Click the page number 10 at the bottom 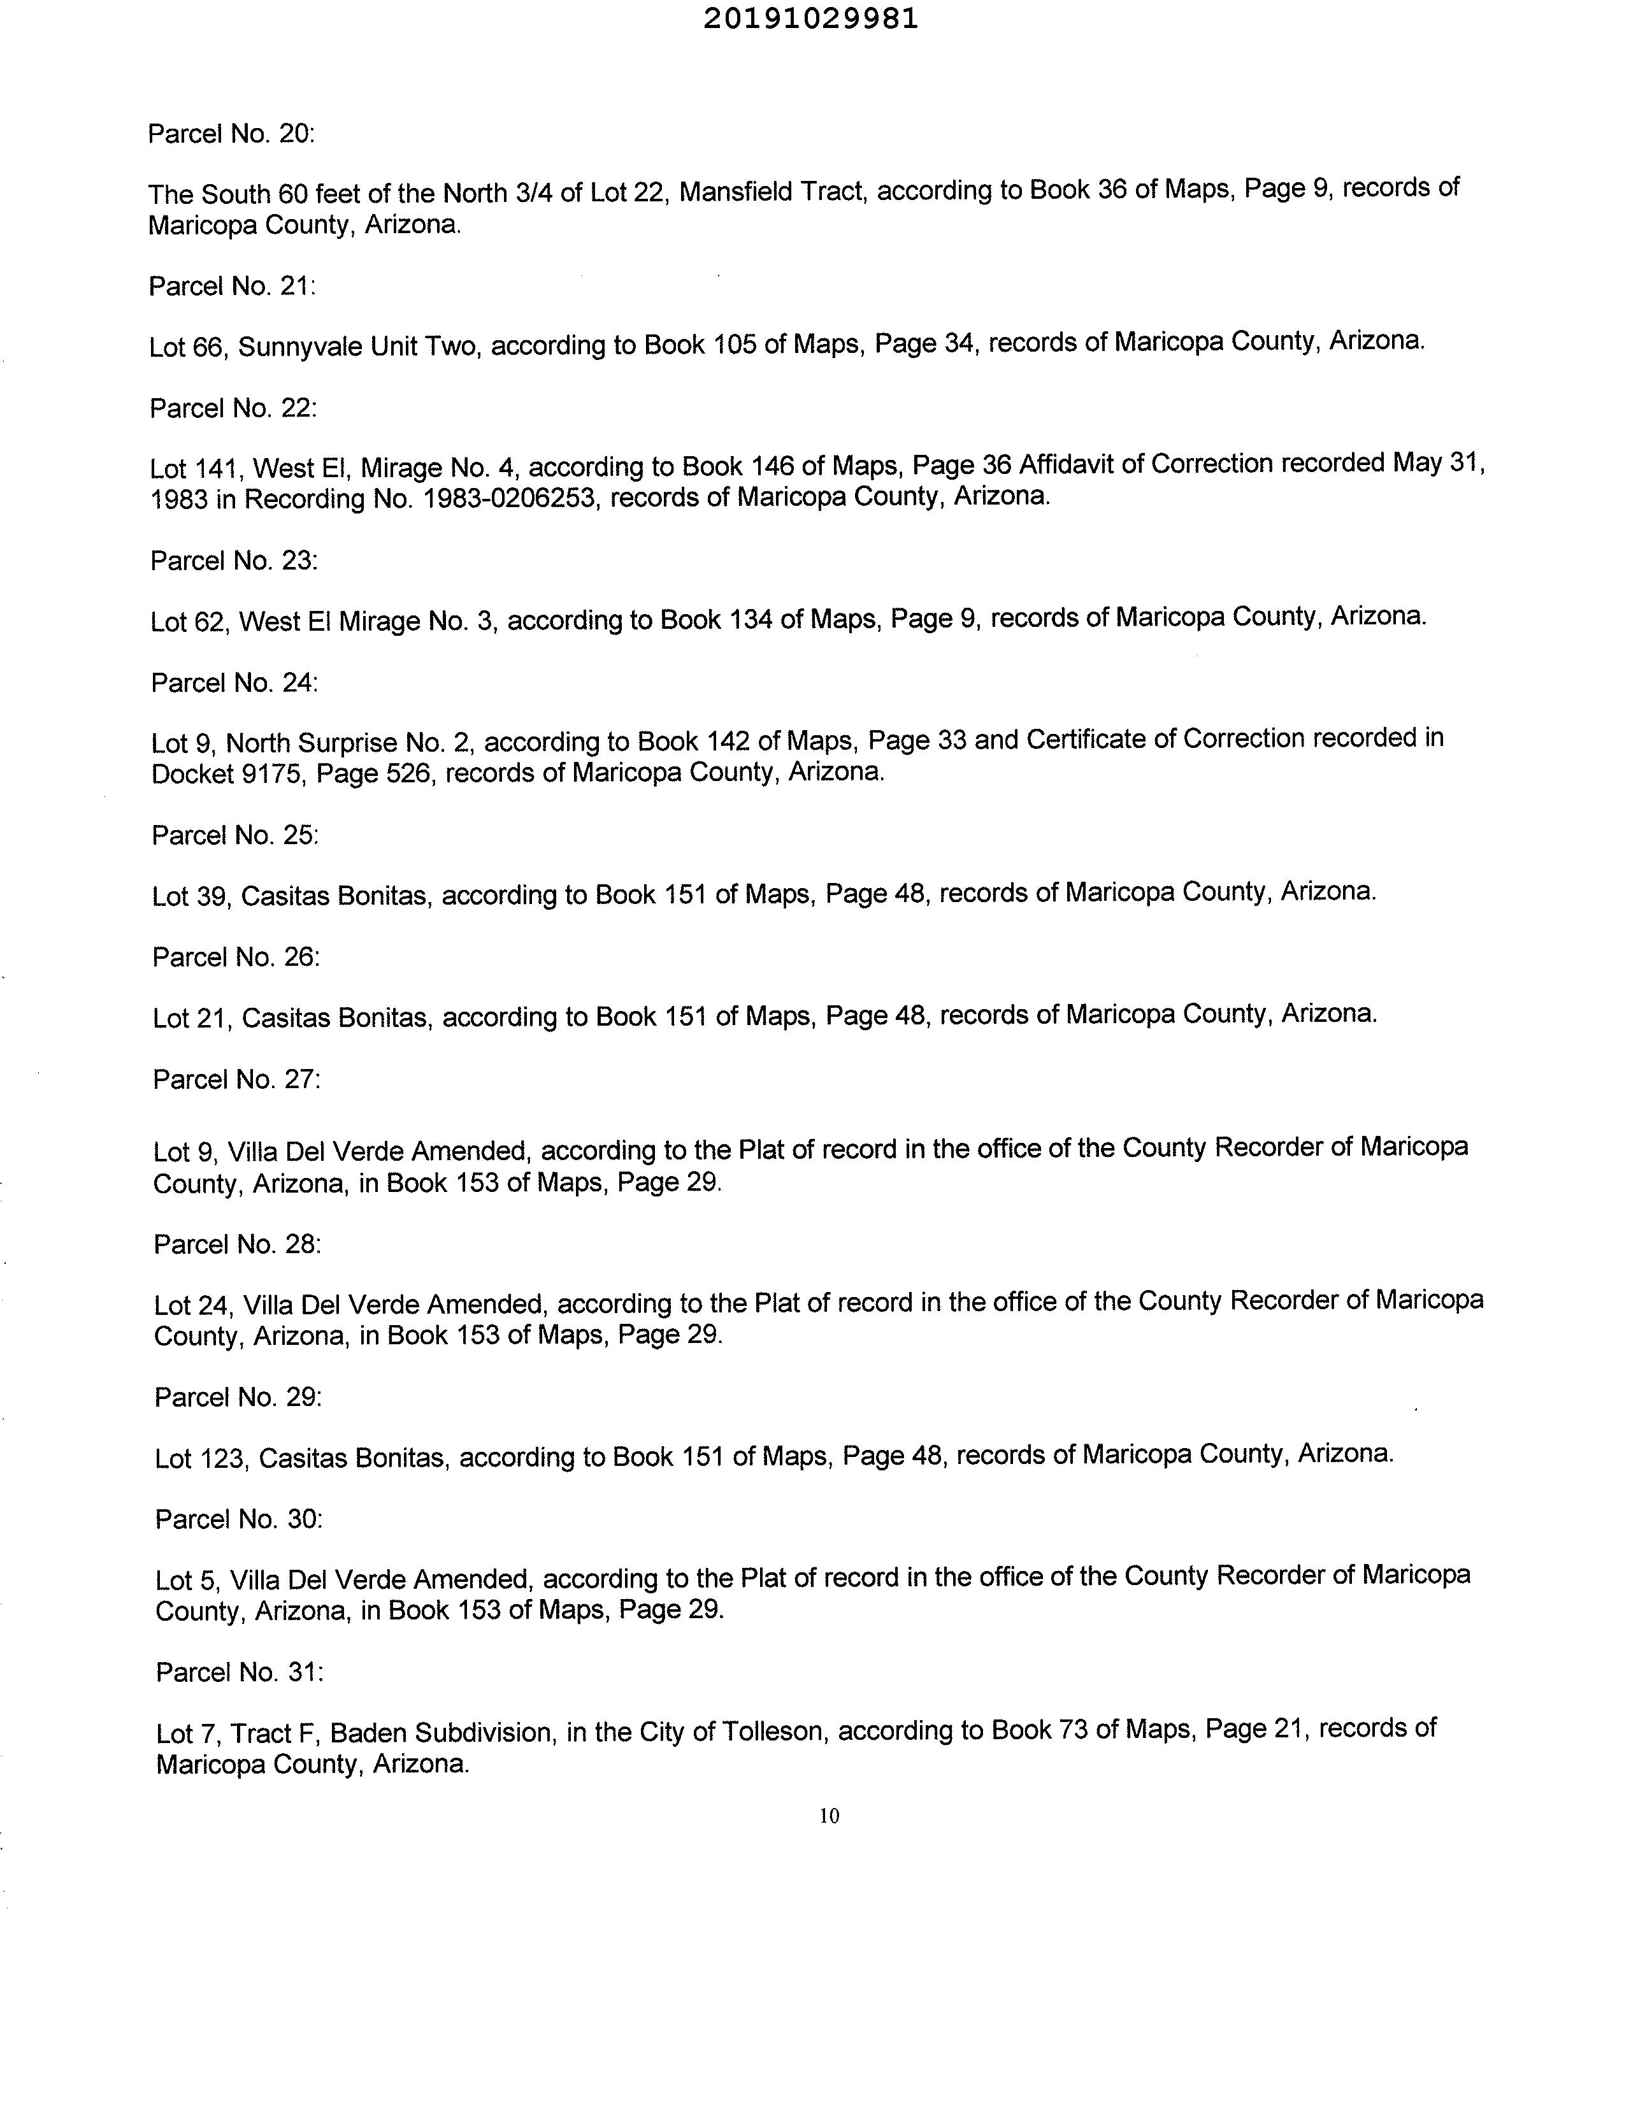pos(829,1815)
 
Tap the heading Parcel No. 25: pos(235,835)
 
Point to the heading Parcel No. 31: pos(239,1672)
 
